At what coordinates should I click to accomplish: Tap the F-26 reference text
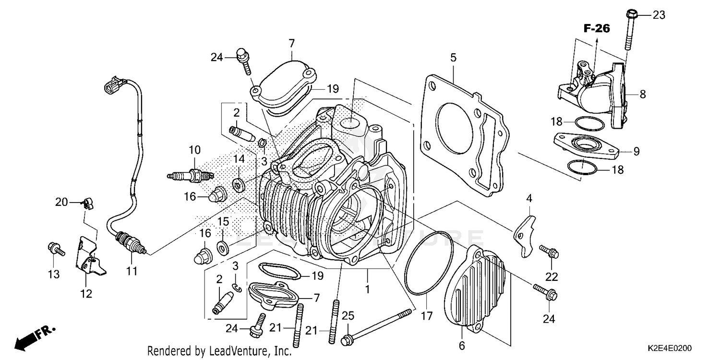tap(597, 29)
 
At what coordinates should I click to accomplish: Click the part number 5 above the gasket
tap(453, 58)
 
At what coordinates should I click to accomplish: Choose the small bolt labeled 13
tap(54, 249)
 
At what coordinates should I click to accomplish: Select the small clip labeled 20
tap(86, 204)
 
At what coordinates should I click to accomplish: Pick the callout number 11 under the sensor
tap(132, 271)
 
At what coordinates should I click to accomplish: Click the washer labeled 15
tap(223, 247)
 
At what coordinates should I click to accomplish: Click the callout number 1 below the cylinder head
tap(367, 289)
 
